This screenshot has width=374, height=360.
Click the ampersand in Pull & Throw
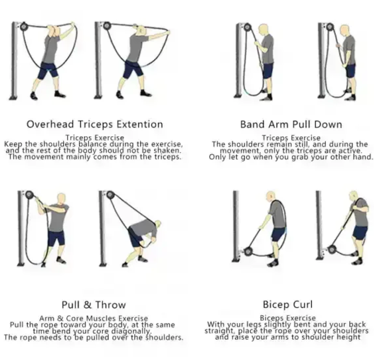point(88,305)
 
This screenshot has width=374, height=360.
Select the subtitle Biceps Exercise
point(288,318)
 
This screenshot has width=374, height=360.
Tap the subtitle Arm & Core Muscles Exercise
point(94,318)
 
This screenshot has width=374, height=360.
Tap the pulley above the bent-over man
point(110,195)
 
